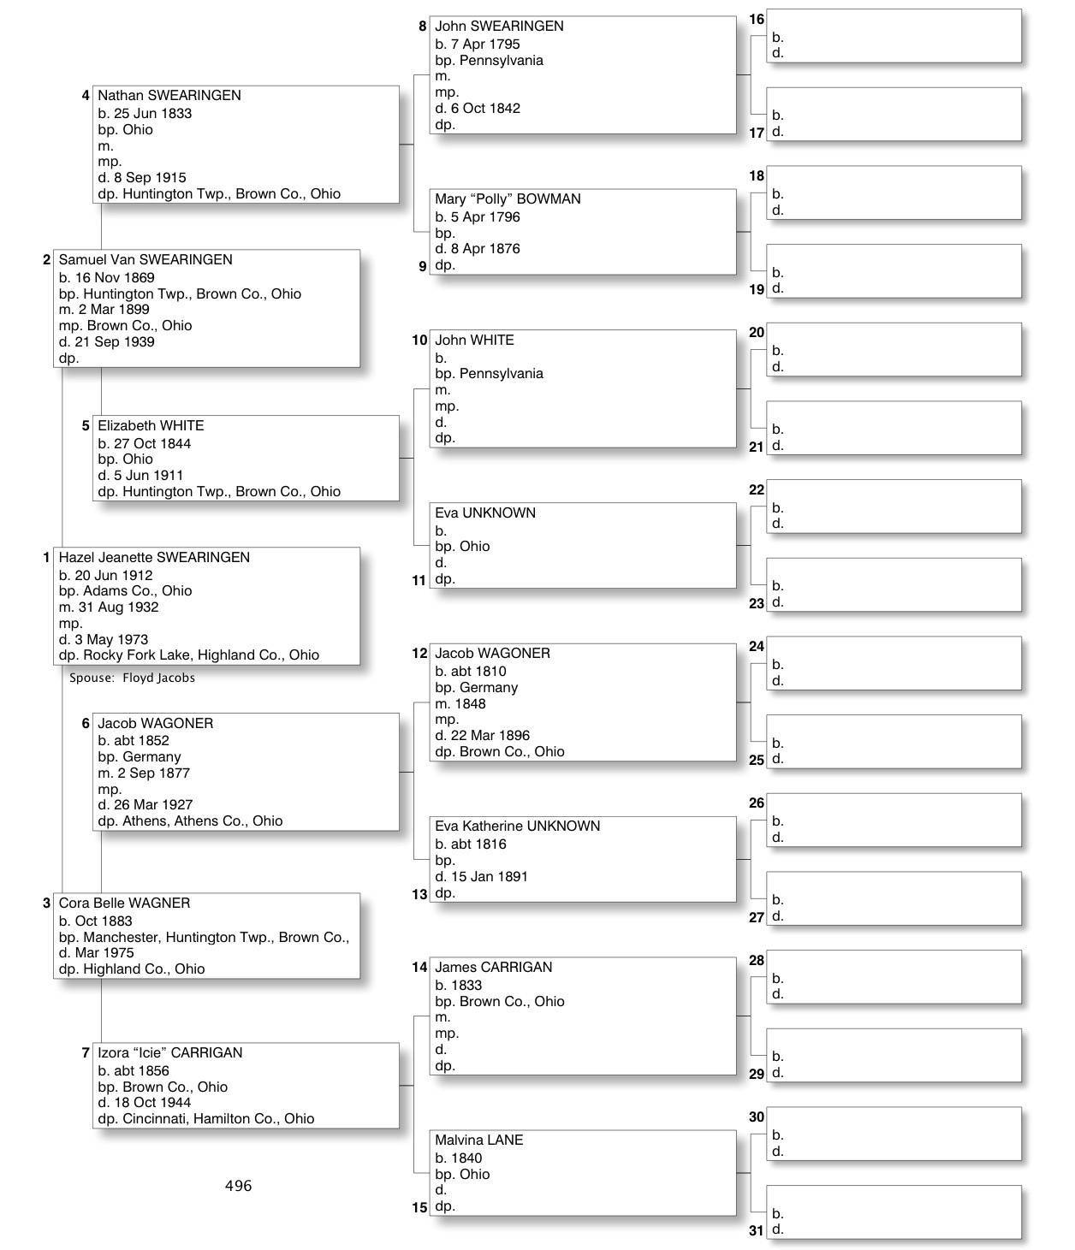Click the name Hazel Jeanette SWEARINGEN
tap(154, 558)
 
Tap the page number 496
tap(238, 1186)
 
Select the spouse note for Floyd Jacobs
tap(133, 678)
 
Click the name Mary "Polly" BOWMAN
tap(508, 199)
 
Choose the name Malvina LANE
tap(478, 1140)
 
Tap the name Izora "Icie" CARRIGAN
tap(169, 1053)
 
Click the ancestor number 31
tap(756, 1231)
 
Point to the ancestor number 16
tap(757, 20)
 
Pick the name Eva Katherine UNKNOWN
tap(517, 826)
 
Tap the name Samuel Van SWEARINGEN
tap(146, 260)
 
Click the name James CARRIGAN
tap(493, 968)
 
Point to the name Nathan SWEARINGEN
tap(169, 96)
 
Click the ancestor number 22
tap(757, 490)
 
